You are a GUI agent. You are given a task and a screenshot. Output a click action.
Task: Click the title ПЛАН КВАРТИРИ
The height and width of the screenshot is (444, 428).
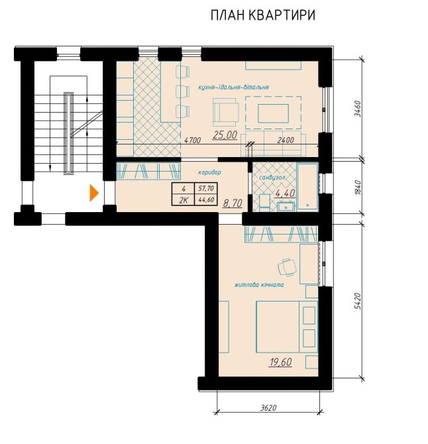[262, 15]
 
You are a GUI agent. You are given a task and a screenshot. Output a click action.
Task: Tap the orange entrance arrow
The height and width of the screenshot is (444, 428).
[94, 193]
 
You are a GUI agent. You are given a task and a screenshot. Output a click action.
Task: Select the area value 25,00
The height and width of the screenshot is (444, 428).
[225, 135]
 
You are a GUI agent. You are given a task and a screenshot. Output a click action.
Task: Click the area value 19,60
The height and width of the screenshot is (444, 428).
[280, 362]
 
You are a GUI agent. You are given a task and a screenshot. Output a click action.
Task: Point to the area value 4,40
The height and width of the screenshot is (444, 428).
[285, 193]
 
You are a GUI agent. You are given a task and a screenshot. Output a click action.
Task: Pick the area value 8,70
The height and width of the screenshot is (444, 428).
[233, 203]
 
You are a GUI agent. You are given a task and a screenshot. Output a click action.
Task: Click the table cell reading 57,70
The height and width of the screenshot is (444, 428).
[206, 188]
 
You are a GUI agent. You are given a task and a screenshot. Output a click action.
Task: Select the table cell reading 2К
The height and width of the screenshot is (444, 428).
[184, 200]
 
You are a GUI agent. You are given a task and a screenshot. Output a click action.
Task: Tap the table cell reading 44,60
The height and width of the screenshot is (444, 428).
[206, 200]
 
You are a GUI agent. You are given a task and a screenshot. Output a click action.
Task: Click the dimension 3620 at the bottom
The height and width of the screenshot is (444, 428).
[268, 408]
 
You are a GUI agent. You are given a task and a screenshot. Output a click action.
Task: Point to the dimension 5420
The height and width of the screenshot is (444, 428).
[358, 302]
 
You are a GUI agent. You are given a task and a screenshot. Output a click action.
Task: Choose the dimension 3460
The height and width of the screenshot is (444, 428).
[358, 109]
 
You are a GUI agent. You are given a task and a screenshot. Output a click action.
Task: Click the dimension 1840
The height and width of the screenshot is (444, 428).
[358, 187]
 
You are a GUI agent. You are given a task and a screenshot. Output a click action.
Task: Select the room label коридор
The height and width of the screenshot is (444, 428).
[209, 172]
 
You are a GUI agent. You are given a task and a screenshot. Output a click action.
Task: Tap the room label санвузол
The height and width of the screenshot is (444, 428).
[272, 178]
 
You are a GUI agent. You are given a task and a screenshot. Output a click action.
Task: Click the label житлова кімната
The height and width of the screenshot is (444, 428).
[259, 285]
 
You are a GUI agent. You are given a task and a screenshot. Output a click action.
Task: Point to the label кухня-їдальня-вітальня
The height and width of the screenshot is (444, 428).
[233, 87]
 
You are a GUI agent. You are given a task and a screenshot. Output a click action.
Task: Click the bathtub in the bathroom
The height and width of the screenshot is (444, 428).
[307, 186]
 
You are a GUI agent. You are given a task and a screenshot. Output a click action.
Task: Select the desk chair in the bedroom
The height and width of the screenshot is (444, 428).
[287, 267]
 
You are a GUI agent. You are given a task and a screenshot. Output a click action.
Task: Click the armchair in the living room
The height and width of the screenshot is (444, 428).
[226, 112]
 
